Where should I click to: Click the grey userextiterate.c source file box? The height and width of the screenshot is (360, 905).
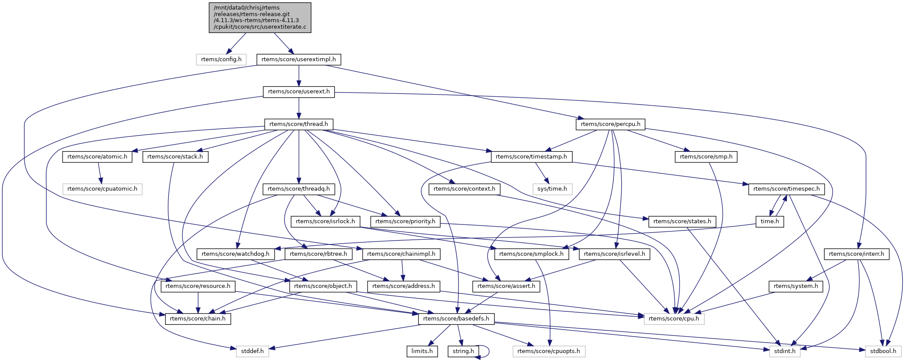260,17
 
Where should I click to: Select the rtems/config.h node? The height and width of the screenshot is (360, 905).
221,59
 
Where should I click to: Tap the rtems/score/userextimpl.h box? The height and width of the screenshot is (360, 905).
298,59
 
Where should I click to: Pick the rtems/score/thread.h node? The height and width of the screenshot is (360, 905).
298,124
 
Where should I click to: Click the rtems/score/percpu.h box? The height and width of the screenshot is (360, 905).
610,124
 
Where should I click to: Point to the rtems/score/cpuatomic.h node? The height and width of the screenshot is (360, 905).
102,189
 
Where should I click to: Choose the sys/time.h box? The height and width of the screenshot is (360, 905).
552,189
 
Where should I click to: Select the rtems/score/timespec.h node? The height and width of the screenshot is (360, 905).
786,189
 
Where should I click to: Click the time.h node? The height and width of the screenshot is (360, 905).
769,221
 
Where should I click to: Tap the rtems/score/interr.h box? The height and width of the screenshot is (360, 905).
856,254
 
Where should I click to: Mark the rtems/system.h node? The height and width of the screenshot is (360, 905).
796,286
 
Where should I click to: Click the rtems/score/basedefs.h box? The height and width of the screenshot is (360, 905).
456,319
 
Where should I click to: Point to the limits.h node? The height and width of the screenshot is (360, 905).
422,351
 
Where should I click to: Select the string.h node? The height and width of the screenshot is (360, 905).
463,351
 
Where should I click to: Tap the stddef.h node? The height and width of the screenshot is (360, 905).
252,351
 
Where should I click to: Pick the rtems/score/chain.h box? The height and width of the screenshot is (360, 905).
198,319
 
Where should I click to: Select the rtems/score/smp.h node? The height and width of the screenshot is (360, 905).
706,157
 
